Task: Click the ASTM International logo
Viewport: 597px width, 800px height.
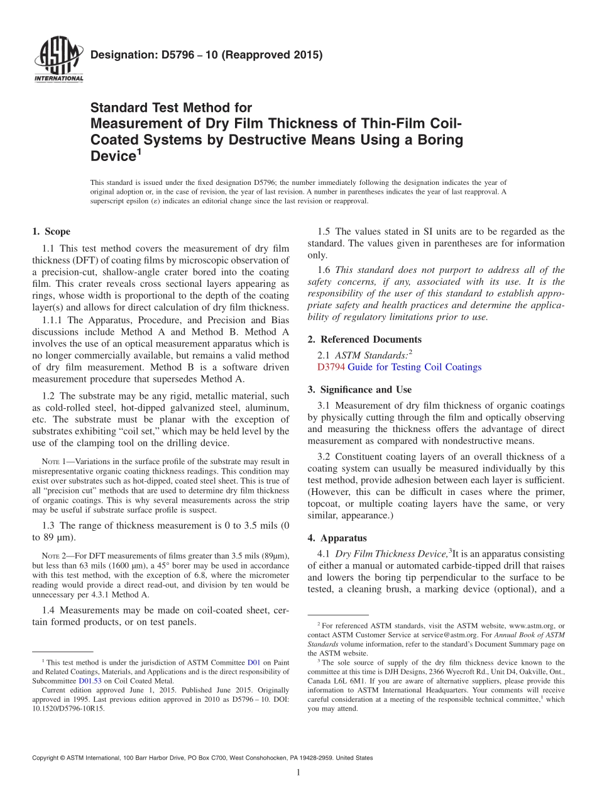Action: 58,59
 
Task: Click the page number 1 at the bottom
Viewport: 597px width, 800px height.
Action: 298,772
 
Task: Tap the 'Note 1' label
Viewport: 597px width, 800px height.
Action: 53,462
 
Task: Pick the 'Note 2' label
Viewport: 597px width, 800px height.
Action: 53,556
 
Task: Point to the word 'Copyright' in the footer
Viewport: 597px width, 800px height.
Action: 48,758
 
